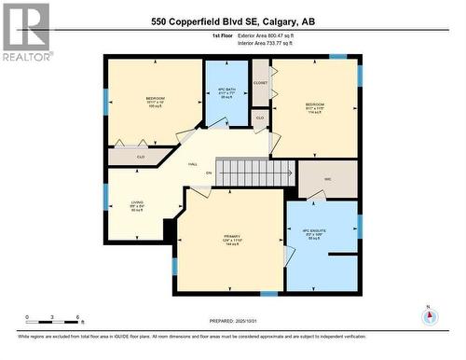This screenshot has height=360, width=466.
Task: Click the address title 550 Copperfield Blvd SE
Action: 232,21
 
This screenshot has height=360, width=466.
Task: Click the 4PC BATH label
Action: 226,91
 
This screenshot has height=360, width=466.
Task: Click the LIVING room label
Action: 136,204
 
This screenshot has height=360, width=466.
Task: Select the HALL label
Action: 193,164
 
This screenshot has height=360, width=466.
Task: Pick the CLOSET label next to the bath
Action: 260,82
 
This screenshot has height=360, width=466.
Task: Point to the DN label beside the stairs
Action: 209,173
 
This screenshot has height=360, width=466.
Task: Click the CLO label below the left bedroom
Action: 141,157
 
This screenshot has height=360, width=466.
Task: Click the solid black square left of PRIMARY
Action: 171,229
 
